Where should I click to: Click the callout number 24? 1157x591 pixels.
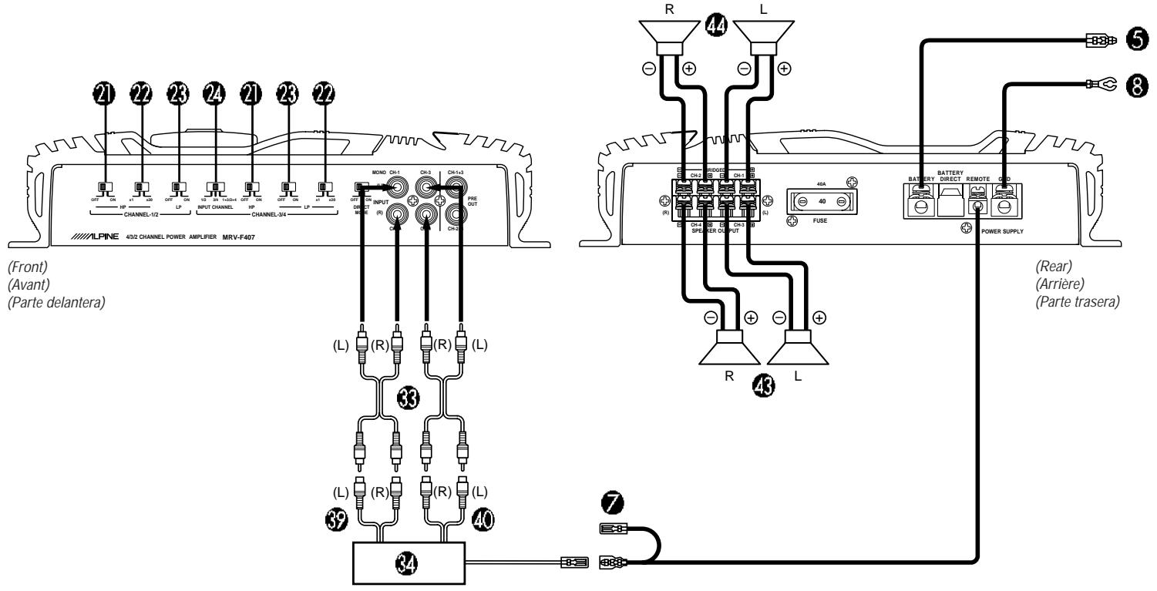pos(214,96)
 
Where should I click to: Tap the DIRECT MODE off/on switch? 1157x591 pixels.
pos(360,186)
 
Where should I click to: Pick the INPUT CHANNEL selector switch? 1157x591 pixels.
pos(214,187)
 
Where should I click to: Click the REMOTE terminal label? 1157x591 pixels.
pos(979,178)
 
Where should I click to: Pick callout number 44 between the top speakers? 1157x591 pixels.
pos(715,26)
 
